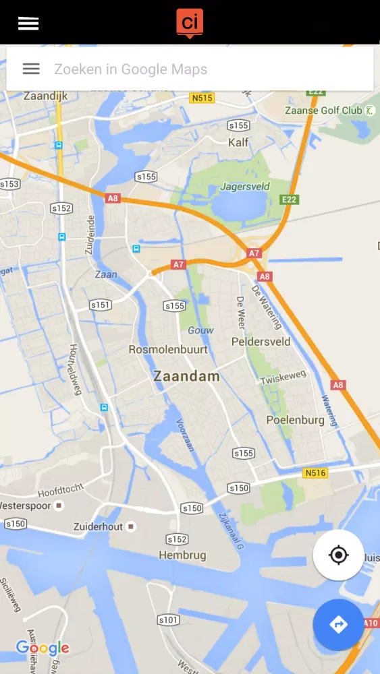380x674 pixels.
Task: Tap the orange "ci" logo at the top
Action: pos(190,22)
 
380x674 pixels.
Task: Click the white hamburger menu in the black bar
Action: pos(28,23)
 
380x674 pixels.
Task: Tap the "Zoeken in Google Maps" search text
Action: pos(130,69)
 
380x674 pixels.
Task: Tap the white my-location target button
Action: pos(338,555)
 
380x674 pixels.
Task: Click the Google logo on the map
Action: pos(43,648)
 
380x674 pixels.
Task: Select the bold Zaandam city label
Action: pos(186,376)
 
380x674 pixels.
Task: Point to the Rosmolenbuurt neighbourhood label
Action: pos(168,350)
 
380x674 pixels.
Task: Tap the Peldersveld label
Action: pos(261,342)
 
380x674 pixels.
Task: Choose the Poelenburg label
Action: pos(295,420)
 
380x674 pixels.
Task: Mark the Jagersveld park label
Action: pos(245,187)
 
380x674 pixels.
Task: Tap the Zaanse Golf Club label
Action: pos(323,111)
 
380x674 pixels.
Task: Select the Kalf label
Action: pos(238,142)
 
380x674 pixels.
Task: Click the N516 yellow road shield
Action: pos(315,473)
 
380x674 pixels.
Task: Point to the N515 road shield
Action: pos(202,98)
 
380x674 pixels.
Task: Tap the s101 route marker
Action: pos(168,619)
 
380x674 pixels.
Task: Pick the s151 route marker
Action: pos(101,305)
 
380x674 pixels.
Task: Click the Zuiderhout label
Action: pos(99,526)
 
